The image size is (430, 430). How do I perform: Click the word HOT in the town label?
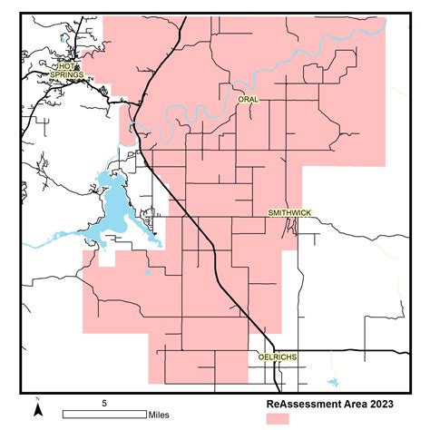[65, 67]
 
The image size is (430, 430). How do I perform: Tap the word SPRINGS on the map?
[67, 74]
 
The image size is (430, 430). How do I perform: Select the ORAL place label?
[248, 98]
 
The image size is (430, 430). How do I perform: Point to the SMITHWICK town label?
[289, 213]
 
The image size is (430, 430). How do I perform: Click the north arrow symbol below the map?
[38, 411]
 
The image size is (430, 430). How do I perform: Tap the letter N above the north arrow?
[38, 400]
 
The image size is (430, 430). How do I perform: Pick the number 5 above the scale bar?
[104, 402]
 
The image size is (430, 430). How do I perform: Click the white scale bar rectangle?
[104, 415]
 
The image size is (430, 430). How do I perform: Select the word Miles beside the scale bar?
[161, 415]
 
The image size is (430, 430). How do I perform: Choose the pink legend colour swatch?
[277, 418]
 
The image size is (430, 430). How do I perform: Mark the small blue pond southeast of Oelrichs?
[331, 384]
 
